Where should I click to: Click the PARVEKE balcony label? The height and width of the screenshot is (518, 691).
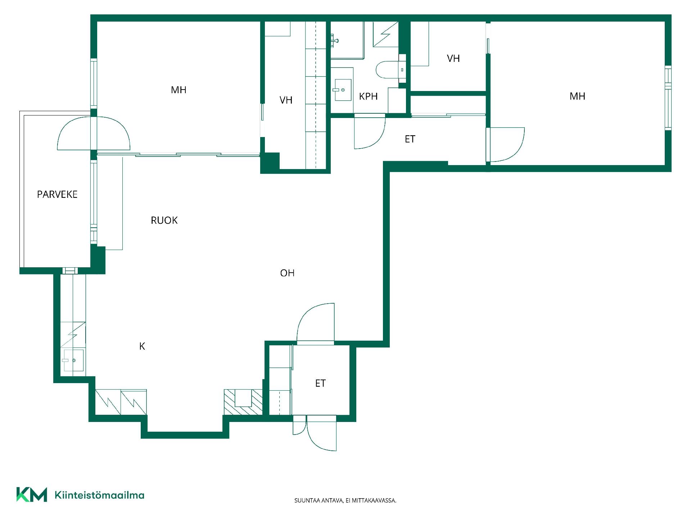coord(57,195)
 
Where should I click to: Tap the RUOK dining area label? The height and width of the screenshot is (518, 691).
coord(164,221)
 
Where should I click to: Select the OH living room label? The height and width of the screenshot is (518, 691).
coord(287,273)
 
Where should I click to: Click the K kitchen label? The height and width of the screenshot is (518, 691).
coord(142,346)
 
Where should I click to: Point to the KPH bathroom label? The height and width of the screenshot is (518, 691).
coord(368,96)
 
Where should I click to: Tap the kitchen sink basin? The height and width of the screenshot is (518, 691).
coord(74,360)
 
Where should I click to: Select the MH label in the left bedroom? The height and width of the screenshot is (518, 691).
coord(179,90)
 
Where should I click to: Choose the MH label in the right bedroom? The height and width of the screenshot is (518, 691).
coord(577,96)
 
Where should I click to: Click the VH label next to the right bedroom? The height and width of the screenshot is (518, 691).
coord(453,59)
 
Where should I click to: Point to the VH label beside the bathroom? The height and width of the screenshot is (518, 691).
coord(286,100)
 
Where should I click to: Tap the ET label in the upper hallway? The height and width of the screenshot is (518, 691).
coord(410,139)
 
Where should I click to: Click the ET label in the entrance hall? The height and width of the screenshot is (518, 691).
coord(320,383)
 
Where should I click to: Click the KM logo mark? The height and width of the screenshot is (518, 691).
coord(32,495)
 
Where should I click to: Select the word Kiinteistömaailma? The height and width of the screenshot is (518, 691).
coord(99,495)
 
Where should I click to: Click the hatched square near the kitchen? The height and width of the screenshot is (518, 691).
coord(243,402)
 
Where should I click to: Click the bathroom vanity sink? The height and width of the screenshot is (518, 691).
coord(342,90)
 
